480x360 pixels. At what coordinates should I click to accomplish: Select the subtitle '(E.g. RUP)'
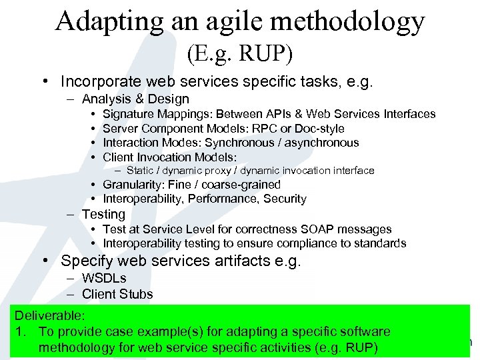[239, 53]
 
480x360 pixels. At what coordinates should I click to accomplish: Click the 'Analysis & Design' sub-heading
[135, 99]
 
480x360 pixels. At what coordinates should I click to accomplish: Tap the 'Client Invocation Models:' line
[170, 157]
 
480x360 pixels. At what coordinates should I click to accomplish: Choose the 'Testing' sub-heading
[103, 214]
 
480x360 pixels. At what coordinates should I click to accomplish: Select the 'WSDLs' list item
[104, 278]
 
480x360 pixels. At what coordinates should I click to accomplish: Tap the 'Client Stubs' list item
[117, 294]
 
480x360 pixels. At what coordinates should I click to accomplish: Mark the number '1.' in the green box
[21, 331]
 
